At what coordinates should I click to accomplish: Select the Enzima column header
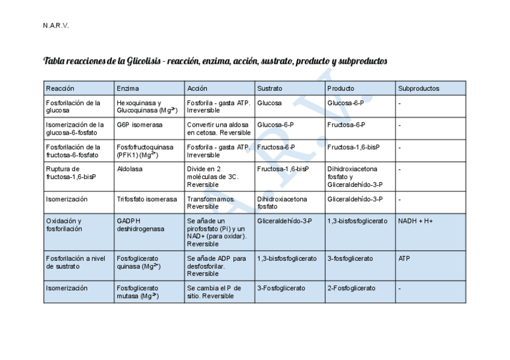click(127, 88)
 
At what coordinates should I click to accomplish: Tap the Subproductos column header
click(418, 88)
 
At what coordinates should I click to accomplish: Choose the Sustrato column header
click(269, 88)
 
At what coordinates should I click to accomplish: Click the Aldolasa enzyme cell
click(129, 169)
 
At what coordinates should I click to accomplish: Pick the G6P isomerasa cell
click(140, 125)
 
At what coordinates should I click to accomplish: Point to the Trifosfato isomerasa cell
click(147, 199)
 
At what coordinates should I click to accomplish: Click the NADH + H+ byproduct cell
click(415, 221)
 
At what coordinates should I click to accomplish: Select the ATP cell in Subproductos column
click(404, 258)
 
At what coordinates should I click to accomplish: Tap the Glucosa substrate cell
click(269, 103)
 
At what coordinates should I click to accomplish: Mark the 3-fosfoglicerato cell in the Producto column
click(350, 258)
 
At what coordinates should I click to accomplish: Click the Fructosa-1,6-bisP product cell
click(353, 147)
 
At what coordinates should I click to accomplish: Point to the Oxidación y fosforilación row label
click(64, 225)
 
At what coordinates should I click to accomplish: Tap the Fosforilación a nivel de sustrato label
click(75, 262)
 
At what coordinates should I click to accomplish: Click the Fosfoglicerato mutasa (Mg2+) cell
click(138, 292)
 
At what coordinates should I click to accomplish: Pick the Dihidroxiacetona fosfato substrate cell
click(281, 203)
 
